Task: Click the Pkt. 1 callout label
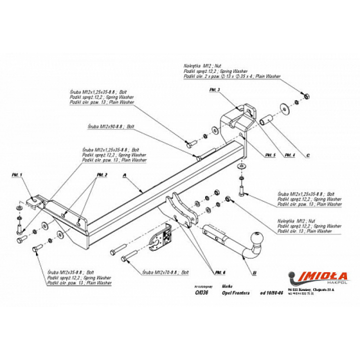click(17, 175)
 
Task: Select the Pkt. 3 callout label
click(214, 90)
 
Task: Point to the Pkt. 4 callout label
click(290, 155)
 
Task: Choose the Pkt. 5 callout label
click(270, 155)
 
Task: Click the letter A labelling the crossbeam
click(124, 176)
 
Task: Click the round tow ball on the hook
click(259, 237)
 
